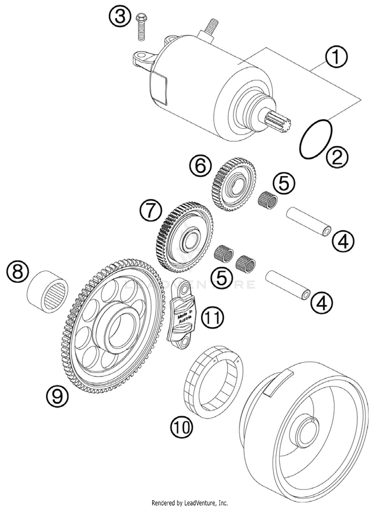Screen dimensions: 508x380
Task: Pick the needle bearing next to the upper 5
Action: [x=268, y=201]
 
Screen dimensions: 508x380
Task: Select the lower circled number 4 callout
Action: [x=321, y=303]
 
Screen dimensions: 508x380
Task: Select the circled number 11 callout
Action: [x=213, y=318]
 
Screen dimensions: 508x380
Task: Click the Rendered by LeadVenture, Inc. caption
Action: [x=189, y=503]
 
